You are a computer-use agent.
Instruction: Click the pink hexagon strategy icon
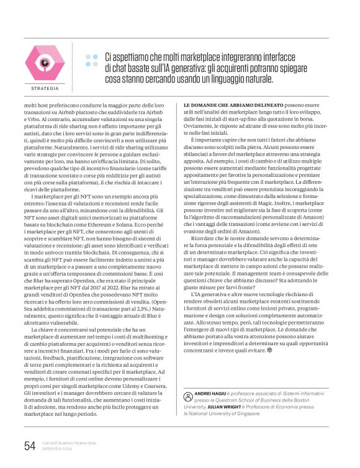click(44, 64)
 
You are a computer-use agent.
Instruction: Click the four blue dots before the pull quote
click(92, 60)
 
